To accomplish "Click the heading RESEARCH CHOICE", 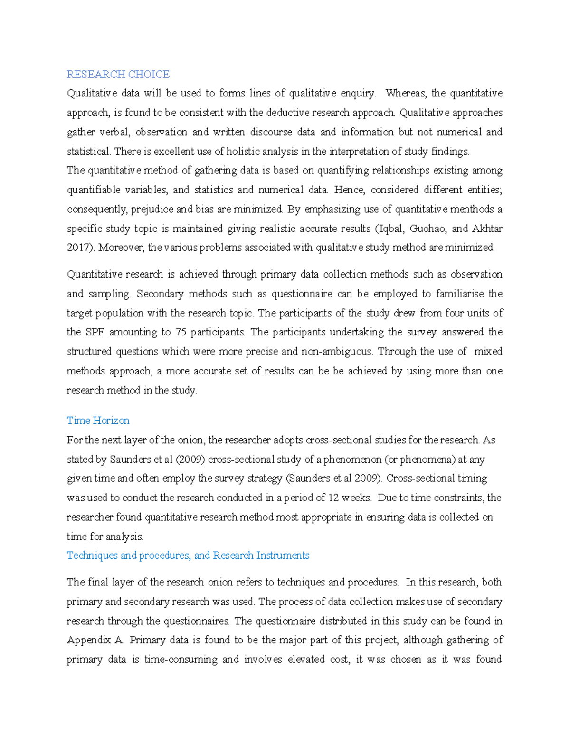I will click(x=118, y=74).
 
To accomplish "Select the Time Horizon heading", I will click(x=98, y=421).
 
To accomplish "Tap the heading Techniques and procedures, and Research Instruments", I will click(x=188, y=556).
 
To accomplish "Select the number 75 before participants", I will click(x=180, y=332).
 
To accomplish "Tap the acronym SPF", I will click(x=95, y=332).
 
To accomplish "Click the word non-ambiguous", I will click(x=337, y=352).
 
